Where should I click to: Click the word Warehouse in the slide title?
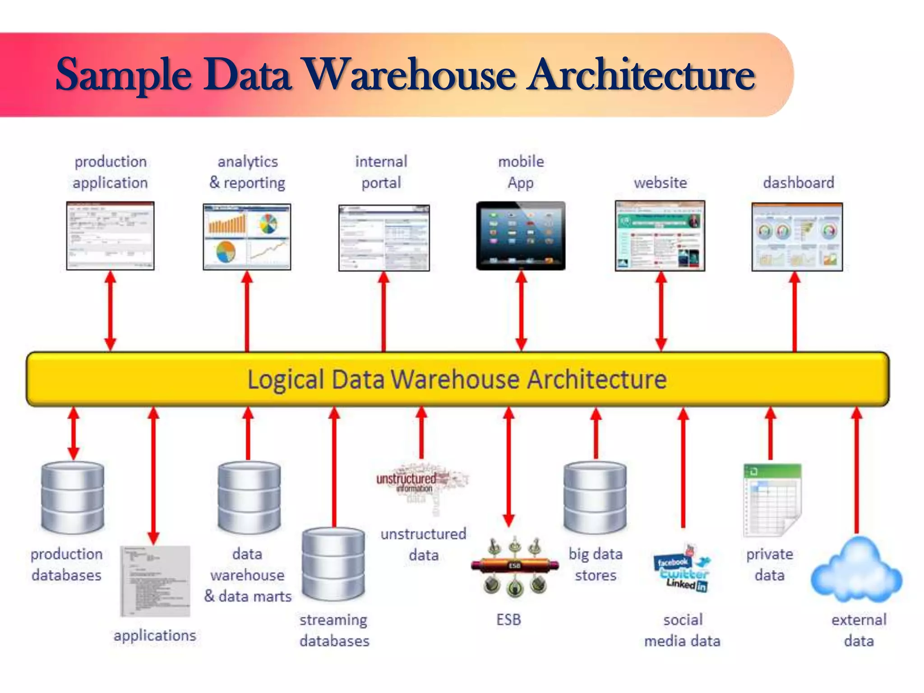coord(410,74)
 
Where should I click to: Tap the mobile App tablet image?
coord(521,236)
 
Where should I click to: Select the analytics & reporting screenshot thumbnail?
coord(247,236)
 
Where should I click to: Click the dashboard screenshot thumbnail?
coord(797,237)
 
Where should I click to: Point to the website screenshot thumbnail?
coord(660,236)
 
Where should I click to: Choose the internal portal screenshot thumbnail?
coord(384,238)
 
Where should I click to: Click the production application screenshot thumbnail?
coord(110,236)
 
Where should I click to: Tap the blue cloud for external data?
coord(856,571)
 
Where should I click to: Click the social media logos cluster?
coord(682,569)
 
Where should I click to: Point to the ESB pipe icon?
coord(514,566)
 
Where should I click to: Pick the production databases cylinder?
coord(73,496)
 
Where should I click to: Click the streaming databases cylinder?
coord(333,564)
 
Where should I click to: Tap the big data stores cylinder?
coord(595,496)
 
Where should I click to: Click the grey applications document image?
coord(155,581)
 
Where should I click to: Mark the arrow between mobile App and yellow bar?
coord(521,311)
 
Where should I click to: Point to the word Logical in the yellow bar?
coord(286,379)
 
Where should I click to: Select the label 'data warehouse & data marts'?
coord(248,575)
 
